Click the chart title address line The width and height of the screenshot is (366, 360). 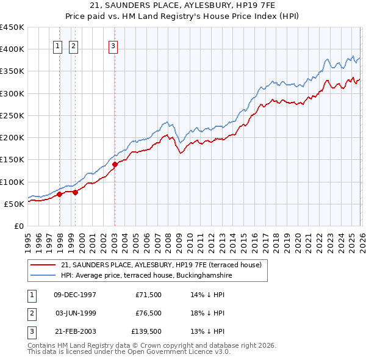pyautogui.click(x=183, y=5)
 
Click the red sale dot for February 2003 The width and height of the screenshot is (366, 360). pyautogui.click(x=115, y=164)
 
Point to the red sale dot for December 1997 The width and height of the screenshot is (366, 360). pyautogui.click(x=60, y=195)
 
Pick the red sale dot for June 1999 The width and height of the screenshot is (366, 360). pyautogui.click(x=75, y=192)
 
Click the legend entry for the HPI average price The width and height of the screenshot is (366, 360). pyautogui.click(x=146, y=275)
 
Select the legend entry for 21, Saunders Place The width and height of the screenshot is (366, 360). pyautogui.click(x=161, y=265)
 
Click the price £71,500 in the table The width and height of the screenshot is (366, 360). pyautogui.click(x=148, y=295)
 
